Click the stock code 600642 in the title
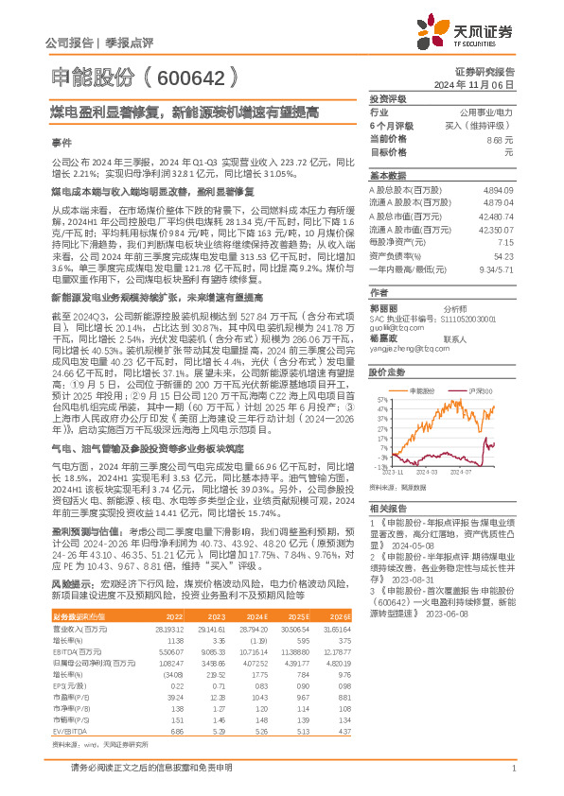(x=190, y=78)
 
